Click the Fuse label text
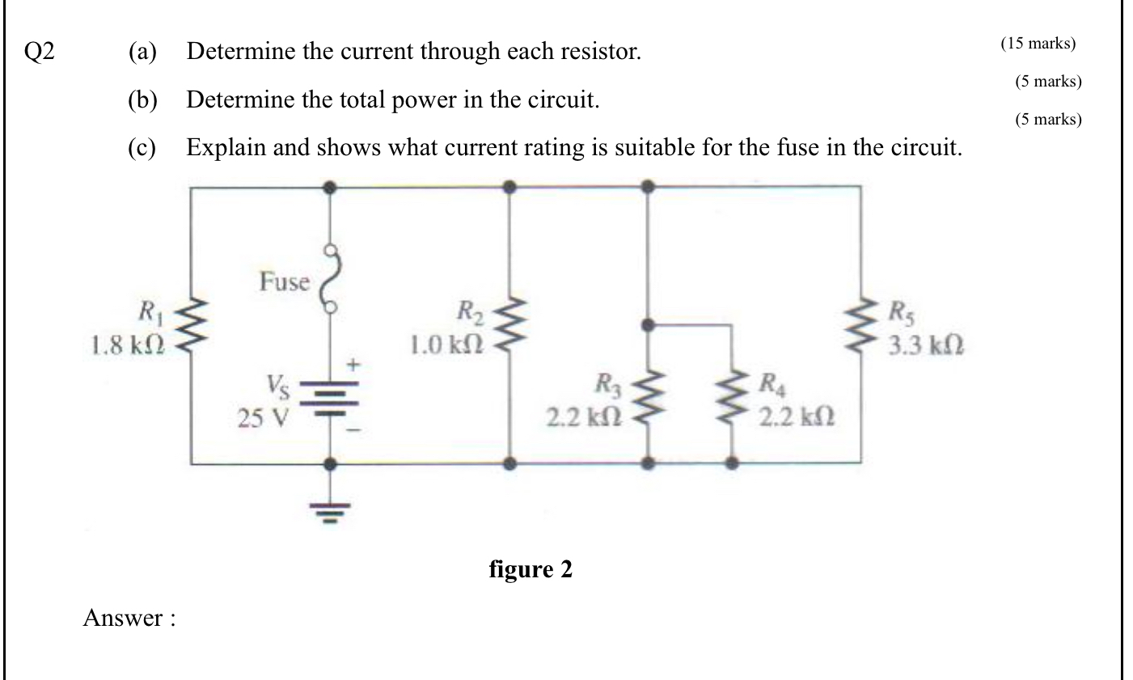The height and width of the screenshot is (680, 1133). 284,281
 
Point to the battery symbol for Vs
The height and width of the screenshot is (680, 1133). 329,398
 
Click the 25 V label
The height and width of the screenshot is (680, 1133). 263,418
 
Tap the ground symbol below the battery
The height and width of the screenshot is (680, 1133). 329,510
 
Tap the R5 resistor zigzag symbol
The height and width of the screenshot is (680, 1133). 860,326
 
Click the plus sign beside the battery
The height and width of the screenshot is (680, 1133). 353,363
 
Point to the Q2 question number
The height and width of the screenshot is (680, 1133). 40,53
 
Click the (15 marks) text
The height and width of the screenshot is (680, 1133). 1038,44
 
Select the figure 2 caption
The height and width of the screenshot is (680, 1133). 531,569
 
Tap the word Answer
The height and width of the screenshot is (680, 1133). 124,619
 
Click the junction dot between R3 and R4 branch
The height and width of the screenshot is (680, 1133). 647,325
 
